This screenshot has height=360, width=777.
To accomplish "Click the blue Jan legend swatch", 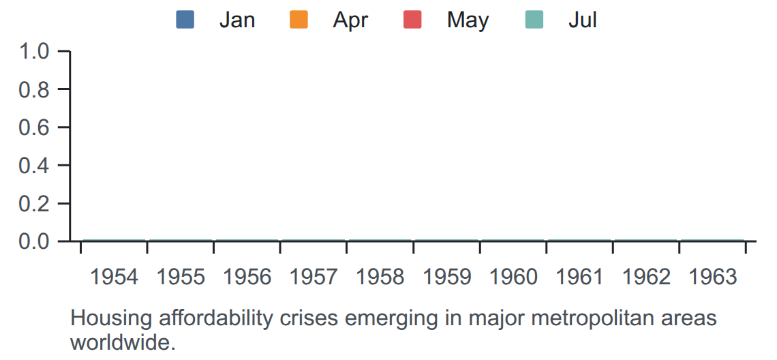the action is click(185, 20).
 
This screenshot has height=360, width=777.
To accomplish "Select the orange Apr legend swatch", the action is click(299, 20).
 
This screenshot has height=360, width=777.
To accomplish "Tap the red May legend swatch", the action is click(412, 20).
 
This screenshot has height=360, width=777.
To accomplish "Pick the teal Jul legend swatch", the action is click(534, 20).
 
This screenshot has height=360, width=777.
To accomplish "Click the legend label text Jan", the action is click(237, 20).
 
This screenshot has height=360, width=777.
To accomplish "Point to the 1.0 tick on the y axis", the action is click(33, 51).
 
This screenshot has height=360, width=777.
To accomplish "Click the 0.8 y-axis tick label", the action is click(33, 89).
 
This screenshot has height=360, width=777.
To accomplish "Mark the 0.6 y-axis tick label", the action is click(33, 127).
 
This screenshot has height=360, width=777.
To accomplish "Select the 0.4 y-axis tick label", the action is click(33, 165).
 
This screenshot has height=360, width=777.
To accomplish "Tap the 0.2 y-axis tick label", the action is click(33, 203).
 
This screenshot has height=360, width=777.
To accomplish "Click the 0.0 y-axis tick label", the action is click(33, 241).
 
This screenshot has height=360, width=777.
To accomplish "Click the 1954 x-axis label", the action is click(114, 277).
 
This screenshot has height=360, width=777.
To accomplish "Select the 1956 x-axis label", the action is click(247, 277).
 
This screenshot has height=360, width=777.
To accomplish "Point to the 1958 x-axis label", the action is click(380, 277).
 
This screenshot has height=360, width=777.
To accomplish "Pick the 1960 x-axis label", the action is click(513, 277).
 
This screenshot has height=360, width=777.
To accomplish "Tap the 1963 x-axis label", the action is click(712, 277).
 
